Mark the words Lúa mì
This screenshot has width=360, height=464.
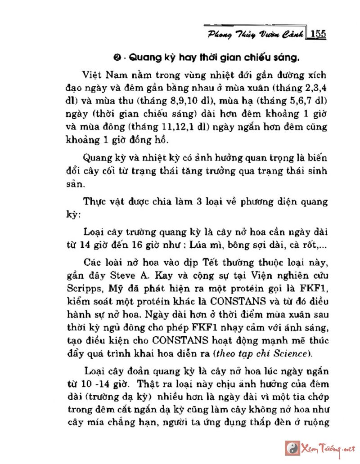(207, 245)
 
